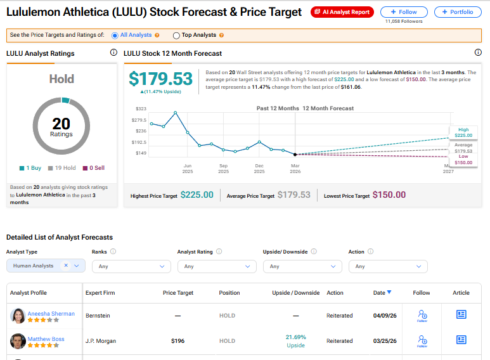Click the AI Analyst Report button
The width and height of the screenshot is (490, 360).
click(342, 12)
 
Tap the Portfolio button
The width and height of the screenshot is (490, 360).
click(458, 12)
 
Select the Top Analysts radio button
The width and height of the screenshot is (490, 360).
click(176, 35)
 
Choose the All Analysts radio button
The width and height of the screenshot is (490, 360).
click(115, 35)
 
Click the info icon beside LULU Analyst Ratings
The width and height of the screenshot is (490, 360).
click(113, 53)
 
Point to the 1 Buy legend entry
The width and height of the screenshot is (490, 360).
click(30, 168)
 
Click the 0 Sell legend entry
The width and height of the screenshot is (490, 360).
click(94, 168)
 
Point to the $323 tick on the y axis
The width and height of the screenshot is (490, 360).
click(141, 109)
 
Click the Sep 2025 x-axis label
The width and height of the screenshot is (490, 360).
click(223, 169)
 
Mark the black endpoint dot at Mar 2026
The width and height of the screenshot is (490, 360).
click(295, 155)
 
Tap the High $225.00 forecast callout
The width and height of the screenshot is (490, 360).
click(463, 132)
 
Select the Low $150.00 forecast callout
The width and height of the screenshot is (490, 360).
click(463, 159)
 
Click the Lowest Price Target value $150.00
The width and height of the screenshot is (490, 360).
click(389, 195)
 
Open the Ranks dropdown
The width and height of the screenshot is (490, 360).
click(132, 266)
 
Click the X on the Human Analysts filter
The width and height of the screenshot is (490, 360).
click(66, 266)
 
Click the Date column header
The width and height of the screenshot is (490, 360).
click(382, 293)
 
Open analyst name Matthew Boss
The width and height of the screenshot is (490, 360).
click(46, 338)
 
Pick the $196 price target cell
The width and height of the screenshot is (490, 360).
click(178, 341)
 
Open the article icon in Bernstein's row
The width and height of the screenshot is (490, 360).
click(461, 314)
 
